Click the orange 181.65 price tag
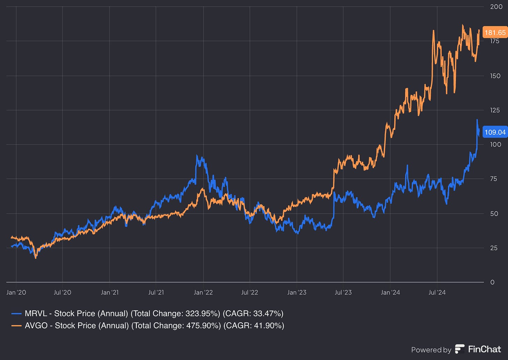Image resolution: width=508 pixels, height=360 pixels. (x=495, y=32)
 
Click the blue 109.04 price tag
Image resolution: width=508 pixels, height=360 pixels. (x=495, y=132)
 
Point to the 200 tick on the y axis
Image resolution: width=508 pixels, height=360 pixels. (x=496, y=7)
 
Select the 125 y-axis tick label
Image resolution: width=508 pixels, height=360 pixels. (x=495, y=110)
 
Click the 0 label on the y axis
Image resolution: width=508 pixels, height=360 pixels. (x=492, y=282)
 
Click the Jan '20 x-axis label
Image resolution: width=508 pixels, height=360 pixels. (x=16, y=292)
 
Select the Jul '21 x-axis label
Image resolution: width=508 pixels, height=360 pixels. (x=156, y=292)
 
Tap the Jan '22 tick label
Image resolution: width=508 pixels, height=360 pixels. (x=203, y=292)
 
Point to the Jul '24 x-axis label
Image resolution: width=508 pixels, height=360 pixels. (x=437, y=292)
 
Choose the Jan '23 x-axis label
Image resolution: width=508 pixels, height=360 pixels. (x=297, y=292)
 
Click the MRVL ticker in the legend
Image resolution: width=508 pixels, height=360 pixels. (x=36, y=314)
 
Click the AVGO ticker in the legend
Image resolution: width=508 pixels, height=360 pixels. (x=36, y=326)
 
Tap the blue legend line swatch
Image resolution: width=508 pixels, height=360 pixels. (x=16, y=314)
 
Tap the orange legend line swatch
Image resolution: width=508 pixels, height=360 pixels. (x=16, y=326)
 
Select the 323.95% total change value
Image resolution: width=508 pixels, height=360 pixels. (x=202, y=314)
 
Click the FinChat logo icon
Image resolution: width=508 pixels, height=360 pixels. (x=460, y=349)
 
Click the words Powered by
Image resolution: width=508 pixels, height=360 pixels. (x=431, y=350)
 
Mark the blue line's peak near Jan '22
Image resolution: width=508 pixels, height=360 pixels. (x=197, y=156)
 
